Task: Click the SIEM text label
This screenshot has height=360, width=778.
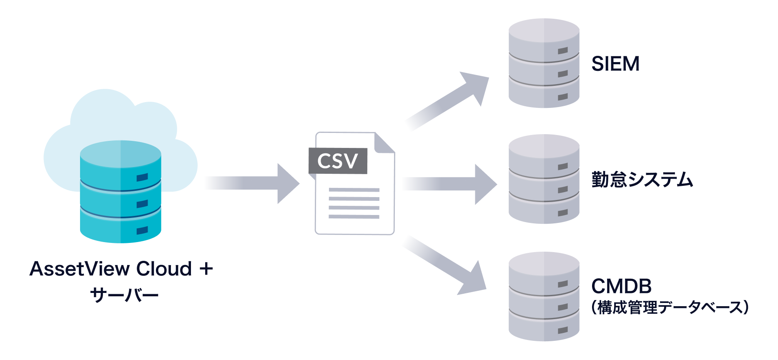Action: tap(615, 64)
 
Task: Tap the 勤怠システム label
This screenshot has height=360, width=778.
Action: tap(642, 180)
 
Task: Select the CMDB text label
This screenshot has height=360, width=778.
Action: tap(621, 286)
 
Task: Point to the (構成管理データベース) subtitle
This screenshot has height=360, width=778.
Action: tap(670, 307)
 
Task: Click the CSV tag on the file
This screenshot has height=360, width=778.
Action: tap(338, 161)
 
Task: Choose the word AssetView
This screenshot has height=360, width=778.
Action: tap(79, 269)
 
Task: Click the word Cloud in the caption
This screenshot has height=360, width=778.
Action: tap(164, 269)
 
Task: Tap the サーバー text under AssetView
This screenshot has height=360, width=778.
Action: tap(124, 295)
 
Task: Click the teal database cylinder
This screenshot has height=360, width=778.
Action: tap(120, 192)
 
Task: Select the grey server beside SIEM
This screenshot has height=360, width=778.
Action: tap(544, 63)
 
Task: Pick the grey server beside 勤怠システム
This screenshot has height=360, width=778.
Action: tap(544, 179)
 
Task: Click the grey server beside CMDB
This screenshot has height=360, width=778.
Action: tap(544, 296)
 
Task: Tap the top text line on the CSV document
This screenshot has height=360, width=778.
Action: tap(354, 190)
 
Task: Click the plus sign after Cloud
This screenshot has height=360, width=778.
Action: tap(206, 269)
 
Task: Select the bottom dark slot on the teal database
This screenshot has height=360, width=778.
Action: tap(142, 230)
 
